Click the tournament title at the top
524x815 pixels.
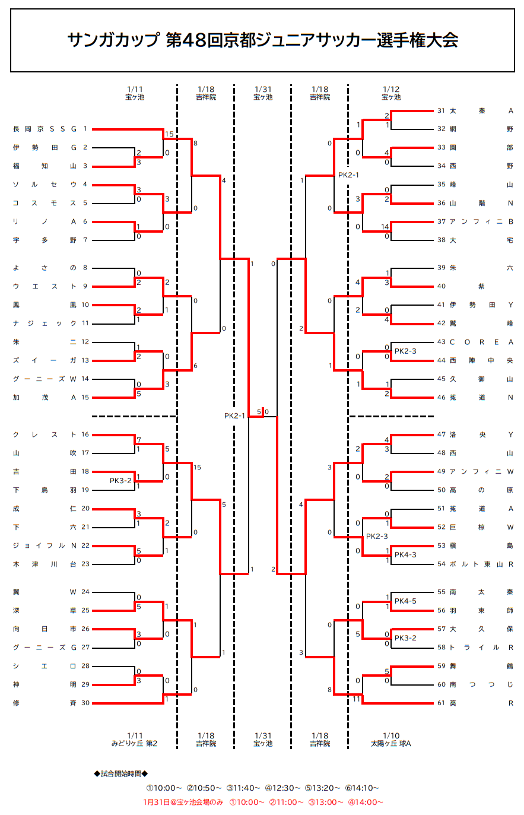tap(262, 40)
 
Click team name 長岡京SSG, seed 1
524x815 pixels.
tap(45, 129)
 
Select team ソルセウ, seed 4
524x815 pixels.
tap(45, 185)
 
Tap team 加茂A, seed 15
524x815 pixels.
tap(45, 398)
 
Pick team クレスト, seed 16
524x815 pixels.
tap(45, 435)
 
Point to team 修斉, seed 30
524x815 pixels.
tap(45, 703)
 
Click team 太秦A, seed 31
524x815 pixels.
tap(481, 110)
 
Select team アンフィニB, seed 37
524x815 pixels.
tap(481, 221)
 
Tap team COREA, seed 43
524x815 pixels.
tap(481, 342)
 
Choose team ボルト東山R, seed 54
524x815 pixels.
tap(481, 564)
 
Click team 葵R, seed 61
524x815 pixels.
tap(481, 703)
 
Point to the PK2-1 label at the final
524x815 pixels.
tap(234, 416)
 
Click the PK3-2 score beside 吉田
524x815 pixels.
tap(120, 481)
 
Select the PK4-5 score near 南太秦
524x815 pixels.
tap(405, 601)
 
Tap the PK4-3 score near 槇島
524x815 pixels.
tap(405, 554)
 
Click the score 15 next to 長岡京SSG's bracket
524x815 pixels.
tap(169, 134)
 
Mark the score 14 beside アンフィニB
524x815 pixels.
tap(385, 227)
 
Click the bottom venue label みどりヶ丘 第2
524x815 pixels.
tap(135, 743)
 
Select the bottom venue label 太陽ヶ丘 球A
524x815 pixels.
tap(390, 743)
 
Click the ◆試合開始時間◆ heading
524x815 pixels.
tap(120, 773)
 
